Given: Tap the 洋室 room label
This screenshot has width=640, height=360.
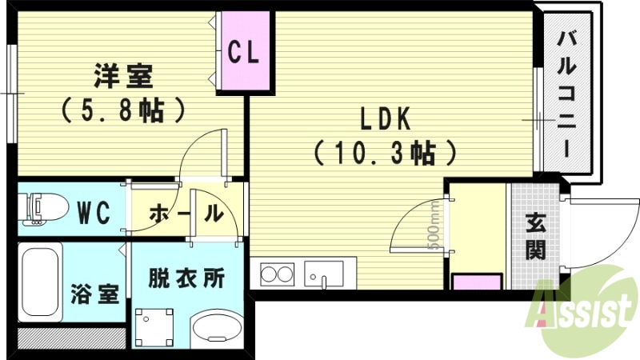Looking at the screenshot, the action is [122, 77].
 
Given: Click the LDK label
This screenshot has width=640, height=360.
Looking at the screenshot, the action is [384, 119].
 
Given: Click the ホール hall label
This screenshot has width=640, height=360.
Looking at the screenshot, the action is [185, 214].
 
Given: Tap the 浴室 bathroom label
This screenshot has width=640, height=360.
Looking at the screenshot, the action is [94, 294].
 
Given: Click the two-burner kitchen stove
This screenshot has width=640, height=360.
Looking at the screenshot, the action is [277, 274].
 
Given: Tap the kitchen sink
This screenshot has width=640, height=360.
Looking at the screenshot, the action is [323, 273].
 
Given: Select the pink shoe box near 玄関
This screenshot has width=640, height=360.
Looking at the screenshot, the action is [477, 281].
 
